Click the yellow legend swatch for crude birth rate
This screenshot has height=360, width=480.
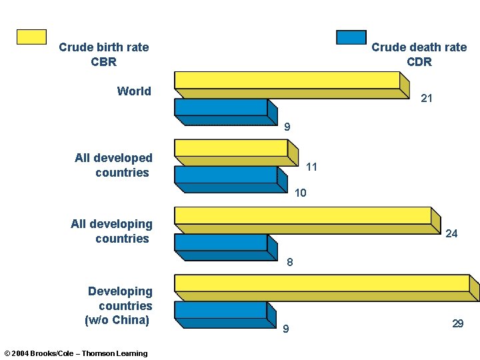point(31,37)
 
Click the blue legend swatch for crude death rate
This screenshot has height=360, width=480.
point(351,37)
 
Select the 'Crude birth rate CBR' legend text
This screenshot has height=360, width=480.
point(103,55)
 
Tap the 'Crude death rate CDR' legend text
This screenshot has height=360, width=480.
point(419,55)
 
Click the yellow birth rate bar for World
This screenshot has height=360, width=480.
point(287,81)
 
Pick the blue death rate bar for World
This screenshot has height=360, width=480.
point(221,107)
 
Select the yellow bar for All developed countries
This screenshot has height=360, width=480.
point(231,148)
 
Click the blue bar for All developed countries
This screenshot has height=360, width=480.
point(225,175)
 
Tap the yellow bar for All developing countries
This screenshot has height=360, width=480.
point(303,215)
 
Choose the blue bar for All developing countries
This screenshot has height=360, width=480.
point(221,243)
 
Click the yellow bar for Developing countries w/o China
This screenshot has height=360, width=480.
point(322,283)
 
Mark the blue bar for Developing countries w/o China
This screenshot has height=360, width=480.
point(221,310)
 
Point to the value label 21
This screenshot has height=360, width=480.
point(427,99)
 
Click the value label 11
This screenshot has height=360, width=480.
point(311,167)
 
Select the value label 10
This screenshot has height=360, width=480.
point(300,193)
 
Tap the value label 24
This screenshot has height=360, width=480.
point(451,234)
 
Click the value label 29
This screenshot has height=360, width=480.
point(457,324)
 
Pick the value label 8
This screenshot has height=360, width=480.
point(289,263)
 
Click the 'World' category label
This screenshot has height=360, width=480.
point(134,91)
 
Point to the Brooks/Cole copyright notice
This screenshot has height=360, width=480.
point(76,353)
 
